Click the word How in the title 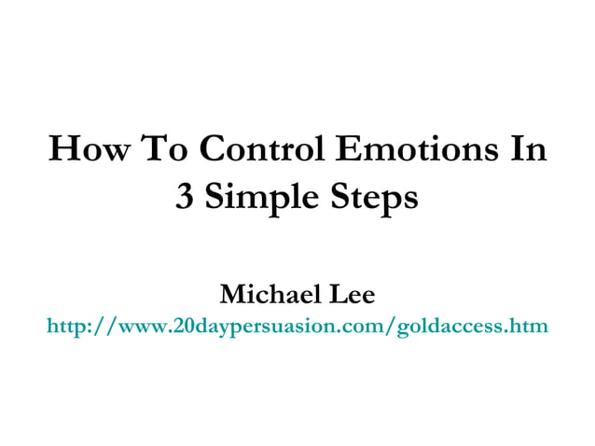(89, 150)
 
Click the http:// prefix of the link (77, 327)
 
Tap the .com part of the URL (367, 328)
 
